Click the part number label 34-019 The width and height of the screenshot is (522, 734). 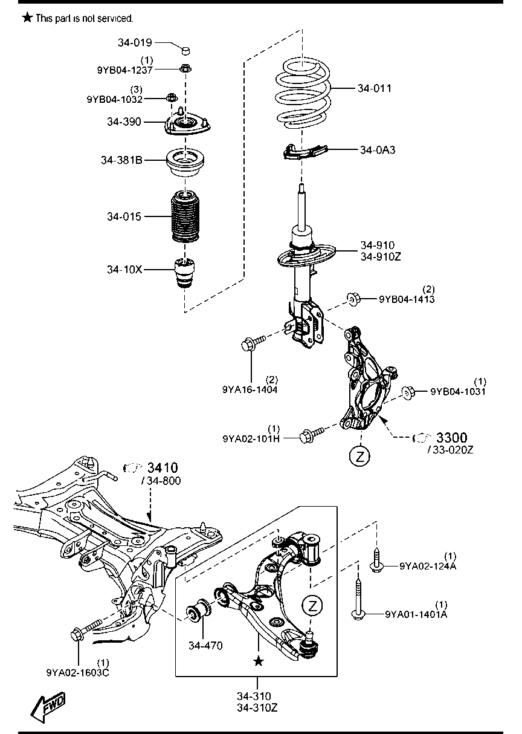pos(135,42)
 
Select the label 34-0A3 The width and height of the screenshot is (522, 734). pos(378,150)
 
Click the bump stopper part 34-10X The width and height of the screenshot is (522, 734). pos(185,273)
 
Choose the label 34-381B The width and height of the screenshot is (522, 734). pos(121,160)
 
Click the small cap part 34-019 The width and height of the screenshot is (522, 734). pos(186,50)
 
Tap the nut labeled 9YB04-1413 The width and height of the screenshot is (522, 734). pos(353,299)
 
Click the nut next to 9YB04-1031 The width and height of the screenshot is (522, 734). pos(408,392)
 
